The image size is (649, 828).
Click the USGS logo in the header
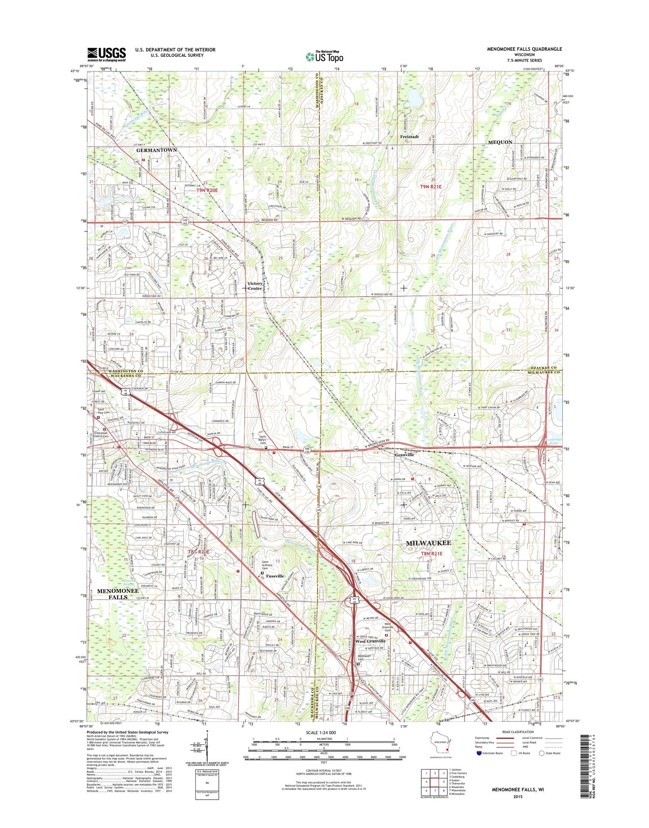(x=106, y=54)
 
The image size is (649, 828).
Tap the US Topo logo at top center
(x=324, y=56)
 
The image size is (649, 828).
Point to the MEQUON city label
(x=500, y=142)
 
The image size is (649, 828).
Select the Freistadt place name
(x=409, y=137)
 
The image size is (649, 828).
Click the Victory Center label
(x=255, y=286)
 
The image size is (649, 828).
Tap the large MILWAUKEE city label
(x=428, y=543)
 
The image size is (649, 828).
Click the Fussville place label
(x=275, y=576)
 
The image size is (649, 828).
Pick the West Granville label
(x=370, y=641)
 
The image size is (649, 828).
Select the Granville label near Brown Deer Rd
(x=405, y=455)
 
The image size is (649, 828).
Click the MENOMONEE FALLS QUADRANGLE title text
(x=524, y=49)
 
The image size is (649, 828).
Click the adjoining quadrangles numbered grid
(x=434, y=782)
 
